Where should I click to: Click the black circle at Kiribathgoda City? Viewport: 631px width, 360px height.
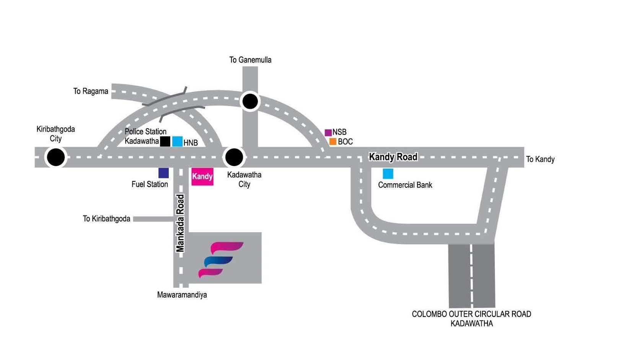click(x=56, y=157)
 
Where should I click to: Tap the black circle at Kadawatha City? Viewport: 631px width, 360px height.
click(x=234, y=157)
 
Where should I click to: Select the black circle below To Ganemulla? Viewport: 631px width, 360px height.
click(x=250, y=102)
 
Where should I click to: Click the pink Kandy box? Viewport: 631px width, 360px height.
click(x=202, y=176)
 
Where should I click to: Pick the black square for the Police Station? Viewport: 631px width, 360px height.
click(x=165, y=141)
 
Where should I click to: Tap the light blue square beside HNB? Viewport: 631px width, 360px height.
click(x=177, y=142)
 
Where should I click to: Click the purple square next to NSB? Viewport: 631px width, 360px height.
click(x=328, y=133)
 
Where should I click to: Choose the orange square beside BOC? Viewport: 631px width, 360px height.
click(x=333, y=142)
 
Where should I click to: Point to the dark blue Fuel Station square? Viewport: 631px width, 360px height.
click(x=163, y=173)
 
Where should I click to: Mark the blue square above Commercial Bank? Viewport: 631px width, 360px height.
click(x=388, y=174)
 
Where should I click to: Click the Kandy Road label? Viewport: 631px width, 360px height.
click(x=393, y=157)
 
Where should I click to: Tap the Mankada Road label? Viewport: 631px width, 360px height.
click(x=180, y=223)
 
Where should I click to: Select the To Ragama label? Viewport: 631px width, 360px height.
click(x=91, y=91)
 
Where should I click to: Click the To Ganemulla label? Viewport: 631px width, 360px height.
click(x=250, y=60)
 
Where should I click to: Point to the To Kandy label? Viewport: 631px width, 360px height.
click(x=540, y=159)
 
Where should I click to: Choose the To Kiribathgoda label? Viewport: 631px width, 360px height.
click(x=106, y=219)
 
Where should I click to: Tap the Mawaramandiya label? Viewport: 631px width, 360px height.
click(x=182, y=295)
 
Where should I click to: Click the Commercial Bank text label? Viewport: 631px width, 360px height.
click(x=405, y=185)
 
